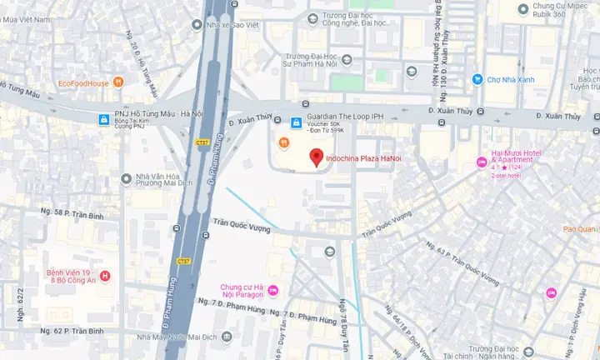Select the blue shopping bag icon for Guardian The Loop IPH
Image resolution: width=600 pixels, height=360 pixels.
coord(294,122)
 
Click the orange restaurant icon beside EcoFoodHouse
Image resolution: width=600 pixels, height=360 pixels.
coord(119,82)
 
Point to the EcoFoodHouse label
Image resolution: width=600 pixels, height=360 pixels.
coord(84,82)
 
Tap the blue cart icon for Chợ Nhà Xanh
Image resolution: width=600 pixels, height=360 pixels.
coord(477,80)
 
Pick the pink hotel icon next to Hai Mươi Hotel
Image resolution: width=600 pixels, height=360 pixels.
coord(480,161)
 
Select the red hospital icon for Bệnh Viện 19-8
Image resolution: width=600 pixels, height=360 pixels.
coord(104,276)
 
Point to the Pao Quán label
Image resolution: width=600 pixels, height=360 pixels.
coord(581,229)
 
